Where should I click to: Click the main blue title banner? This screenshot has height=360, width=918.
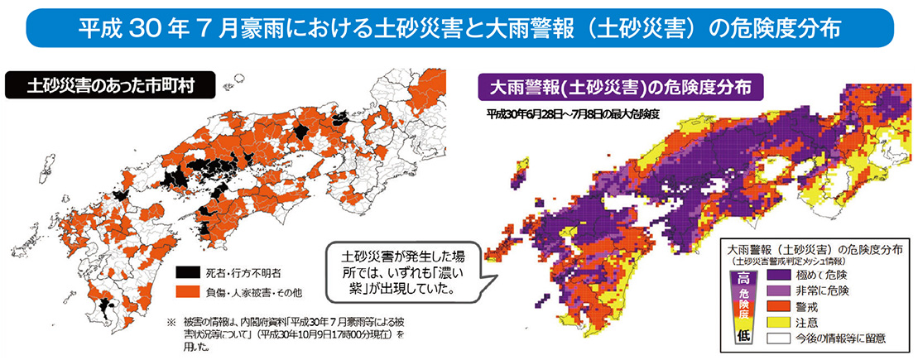(x=459, y=26)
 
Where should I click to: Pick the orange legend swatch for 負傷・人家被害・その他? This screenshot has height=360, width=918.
(x=189, y=290)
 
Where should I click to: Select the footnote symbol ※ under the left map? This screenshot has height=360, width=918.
(x=171, y=320)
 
